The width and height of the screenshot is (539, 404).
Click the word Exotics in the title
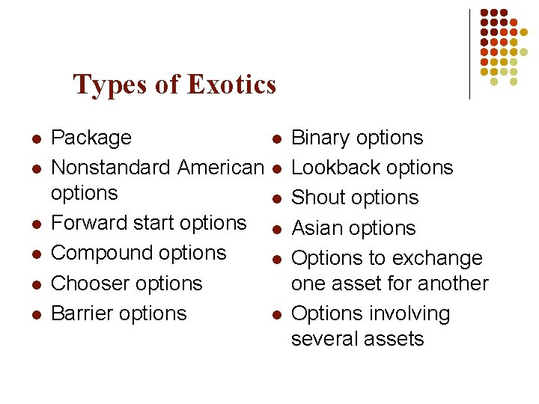[232, 85]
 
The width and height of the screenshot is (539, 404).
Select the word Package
[91, 138]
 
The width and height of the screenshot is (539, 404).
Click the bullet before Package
[35, 139]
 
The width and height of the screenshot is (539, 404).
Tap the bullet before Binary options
[276, 139]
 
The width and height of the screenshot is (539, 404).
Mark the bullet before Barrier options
[35, 314]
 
